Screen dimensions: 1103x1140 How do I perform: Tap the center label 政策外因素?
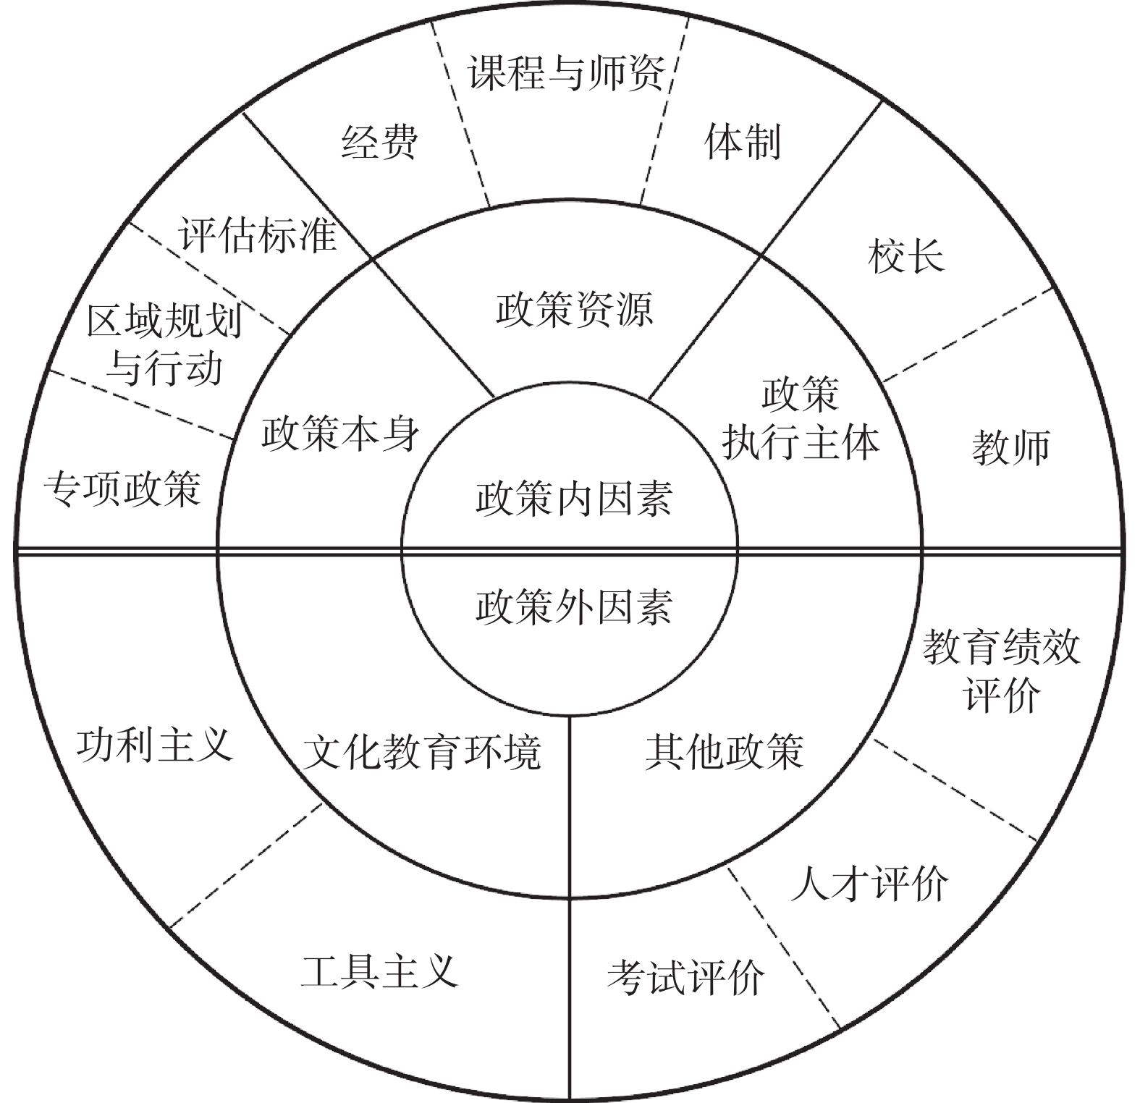pyautogui.click(x=573, y=607)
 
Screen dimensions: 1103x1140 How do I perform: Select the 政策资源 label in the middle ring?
pyautogui.click(x=575, y=310)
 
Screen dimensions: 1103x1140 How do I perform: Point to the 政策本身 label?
pyautogui.click(x=340, y=434)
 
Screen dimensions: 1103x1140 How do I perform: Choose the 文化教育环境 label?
pyautogui.click(x=421, y=753)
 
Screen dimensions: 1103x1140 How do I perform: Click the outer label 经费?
pyautogui.click(x=380, y=142)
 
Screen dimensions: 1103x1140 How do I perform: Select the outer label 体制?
pyautogui.click(x=743, y=142)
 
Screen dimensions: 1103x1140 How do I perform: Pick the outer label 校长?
pyautogui.click(x=905, y=256)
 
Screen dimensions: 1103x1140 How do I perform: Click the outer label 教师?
pyautogui.click(x=1010, y=447)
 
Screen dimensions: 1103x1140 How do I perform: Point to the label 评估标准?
pyautogui.click(x=258, y=234)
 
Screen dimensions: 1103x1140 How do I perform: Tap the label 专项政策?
pyautogui.click(x=122, y=489)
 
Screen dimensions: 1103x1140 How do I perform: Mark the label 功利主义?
pyautogui.click(x=155, y=744)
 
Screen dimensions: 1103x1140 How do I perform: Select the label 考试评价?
pyautogui.click(x=685, y=978)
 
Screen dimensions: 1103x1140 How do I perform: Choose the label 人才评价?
pyautogui.click(x=869, y=884)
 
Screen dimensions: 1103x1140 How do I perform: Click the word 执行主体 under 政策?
pyautogui.click(x=801, y=441)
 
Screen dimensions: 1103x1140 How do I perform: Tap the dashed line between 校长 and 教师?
pyautogui.click(x=966, y=334)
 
